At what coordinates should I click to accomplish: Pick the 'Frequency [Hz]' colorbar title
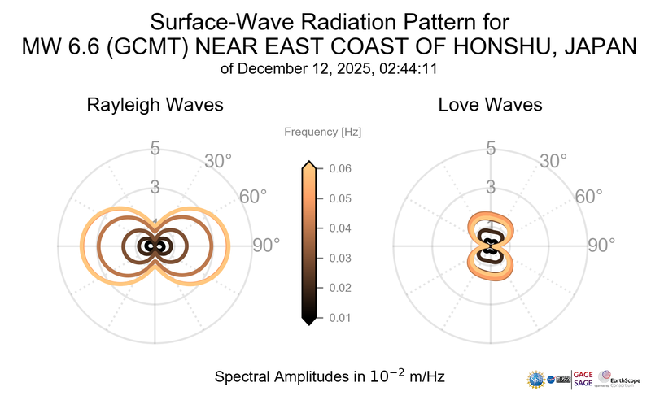(x=322, y=132)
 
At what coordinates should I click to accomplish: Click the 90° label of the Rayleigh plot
(x=266, y=245)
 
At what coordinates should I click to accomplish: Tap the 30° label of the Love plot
(x=554, y=161)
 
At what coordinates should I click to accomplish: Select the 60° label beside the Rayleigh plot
(x=253, y=197)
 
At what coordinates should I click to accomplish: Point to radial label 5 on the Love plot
(x=491, y=149)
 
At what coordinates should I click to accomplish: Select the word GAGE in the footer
(x=583, y=373)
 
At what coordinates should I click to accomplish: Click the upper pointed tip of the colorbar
(x=309, y=163)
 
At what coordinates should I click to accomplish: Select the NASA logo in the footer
(x=553, y=379)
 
